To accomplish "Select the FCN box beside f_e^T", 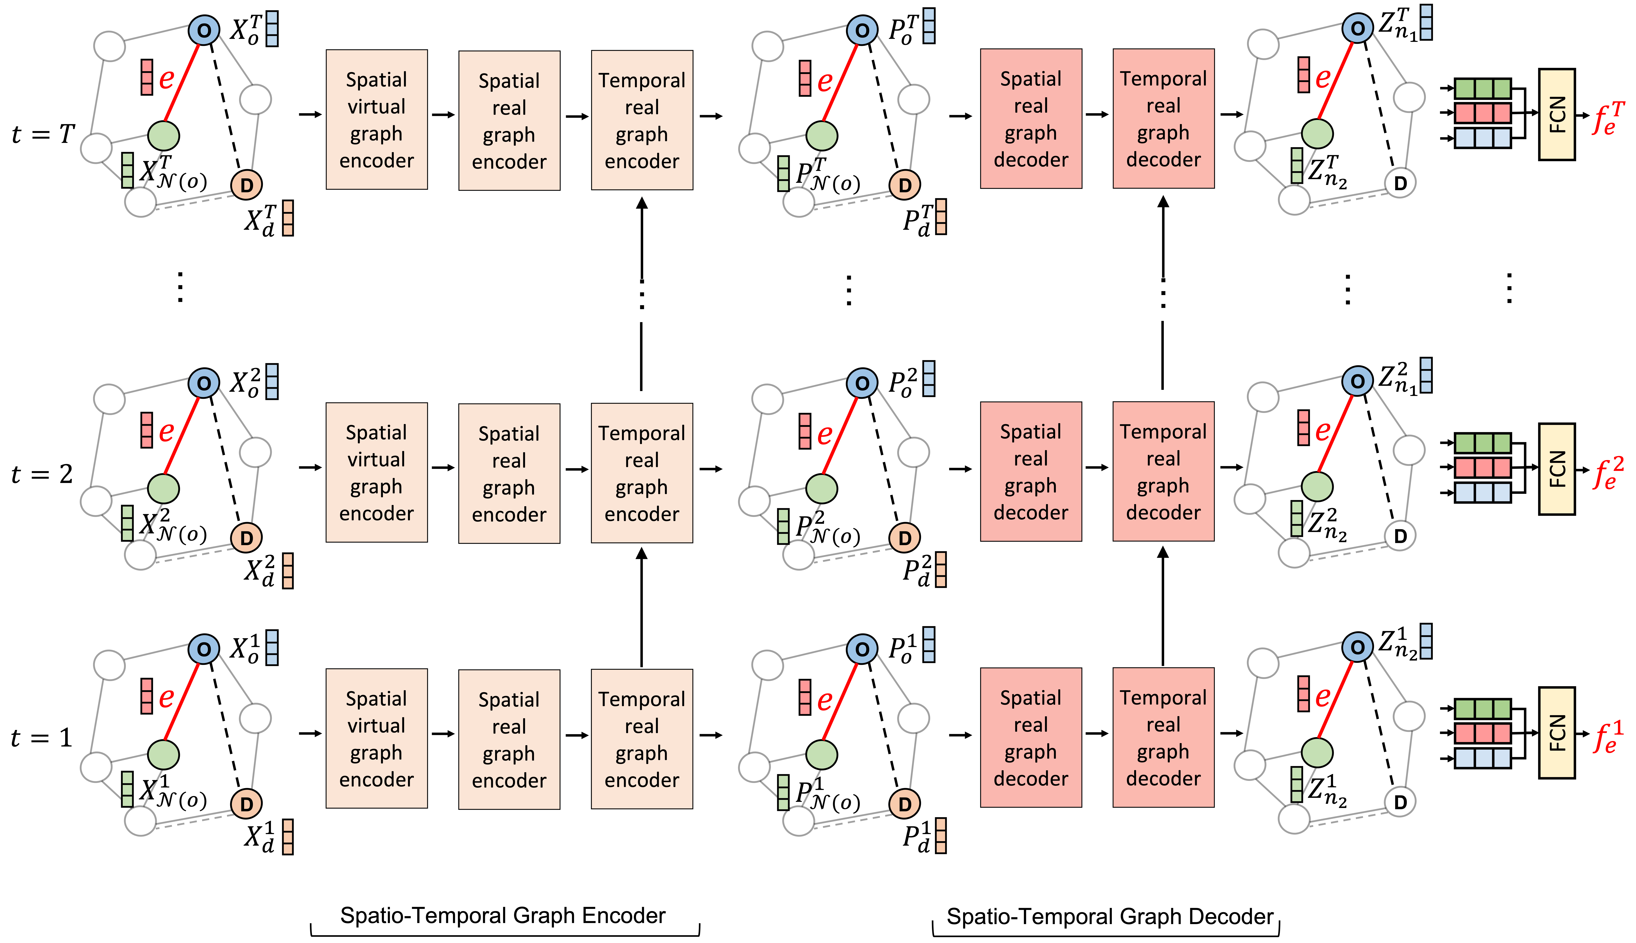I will [x=1556, y=115].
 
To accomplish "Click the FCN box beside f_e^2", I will [x=1556, y=469].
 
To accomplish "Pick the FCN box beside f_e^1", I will [x=1556, y=733].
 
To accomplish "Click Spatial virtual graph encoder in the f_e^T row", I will [x=376, y=120].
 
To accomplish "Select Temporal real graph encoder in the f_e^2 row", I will [x=641, y=473].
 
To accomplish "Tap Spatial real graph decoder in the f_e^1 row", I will [x=1031, y=738].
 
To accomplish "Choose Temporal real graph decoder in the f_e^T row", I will [x=1163, y=119].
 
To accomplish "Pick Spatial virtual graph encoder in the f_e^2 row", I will [x=376, y=473].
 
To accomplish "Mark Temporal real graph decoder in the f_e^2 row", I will [x=1163, y=471].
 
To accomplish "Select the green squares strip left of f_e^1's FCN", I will [x=1482, y=709].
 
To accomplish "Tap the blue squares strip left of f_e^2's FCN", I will [x=1482, y=492].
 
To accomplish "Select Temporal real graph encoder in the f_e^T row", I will [x=641, y=120].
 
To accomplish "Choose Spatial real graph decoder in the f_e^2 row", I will [x=1031, y=471].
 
